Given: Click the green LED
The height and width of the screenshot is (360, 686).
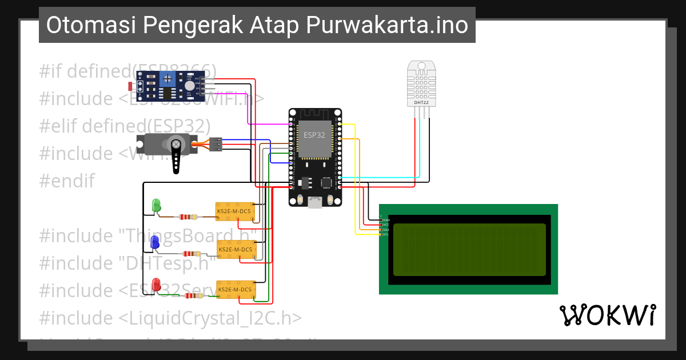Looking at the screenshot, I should [x=155, y=205].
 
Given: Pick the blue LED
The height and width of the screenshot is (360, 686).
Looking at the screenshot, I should [x=154, y=242].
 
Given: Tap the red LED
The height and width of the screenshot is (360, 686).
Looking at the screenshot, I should [x=155, y=284].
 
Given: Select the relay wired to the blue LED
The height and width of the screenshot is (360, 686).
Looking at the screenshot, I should [x=237, y=250].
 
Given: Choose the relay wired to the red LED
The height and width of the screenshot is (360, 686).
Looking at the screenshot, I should [x=236, y=290].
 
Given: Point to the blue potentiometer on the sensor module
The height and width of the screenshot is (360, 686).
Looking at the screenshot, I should [x=168, y=79].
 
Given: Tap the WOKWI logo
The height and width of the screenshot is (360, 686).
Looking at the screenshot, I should [x=607, y=315].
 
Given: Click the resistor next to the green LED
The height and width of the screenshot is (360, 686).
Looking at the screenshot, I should [x=188, y=217].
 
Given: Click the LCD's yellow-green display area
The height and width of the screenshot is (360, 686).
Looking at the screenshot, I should [x=469, y=249].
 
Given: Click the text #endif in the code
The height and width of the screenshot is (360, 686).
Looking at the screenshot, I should [x=66, y=181].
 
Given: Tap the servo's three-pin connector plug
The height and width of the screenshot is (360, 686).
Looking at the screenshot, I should [x=216, y=145].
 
